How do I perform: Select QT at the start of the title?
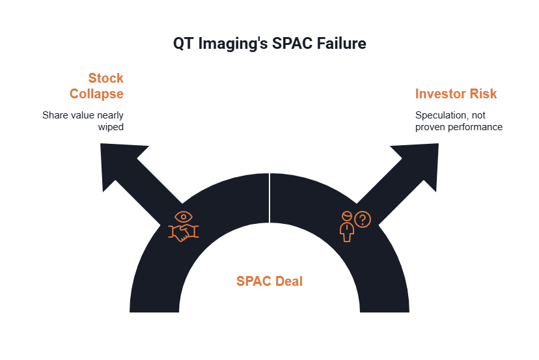[183, 44]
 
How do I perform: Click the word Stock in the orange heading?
[105, 79]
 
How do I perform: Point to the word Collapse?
[96, 94]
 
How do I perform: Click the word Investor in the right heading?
[442, 94]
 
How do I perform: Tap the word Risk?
[484, 94]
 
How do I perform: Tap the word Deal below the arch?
[288, 282]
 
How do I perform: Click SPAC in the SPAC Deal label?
[251, 282]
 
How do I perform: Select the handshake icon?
[185, 234]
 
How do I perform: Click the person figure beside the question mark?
[348, 227]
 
